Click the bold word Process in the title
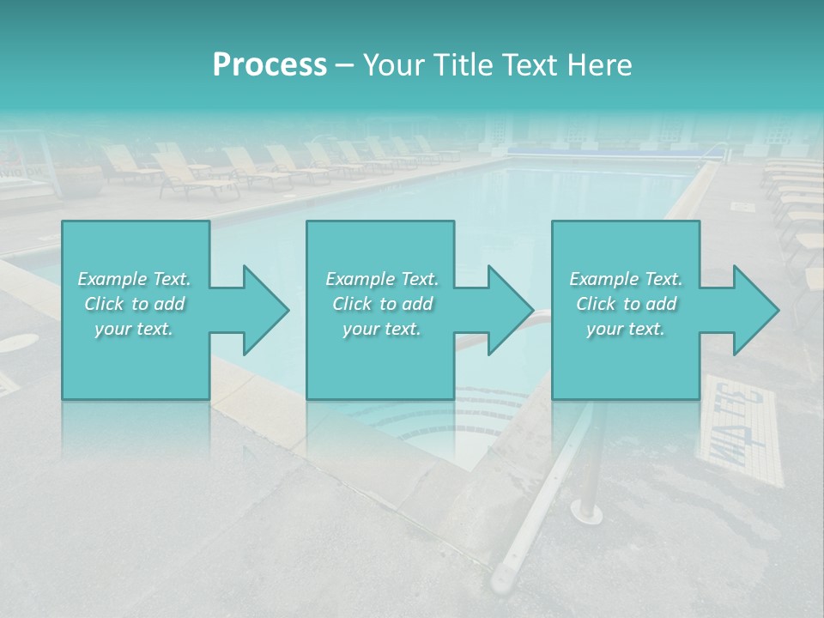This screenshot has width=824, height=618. pyautogui.click(x=270, y=64)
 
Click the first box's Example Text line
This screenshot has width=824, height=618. pyautogui.click(x=135, y=279)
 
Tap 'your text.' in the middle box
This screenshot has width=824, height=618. pyautogui.click(x=381, y=330)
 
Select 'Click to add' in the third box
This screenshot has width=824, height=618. pyautogui.click(x=626, y=304)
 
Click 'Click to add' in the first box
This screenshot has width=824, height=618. pyautogui.click(x=135, y=304)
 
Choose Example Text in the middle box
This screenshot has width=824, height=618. pyautogui.click(x=381, y=279)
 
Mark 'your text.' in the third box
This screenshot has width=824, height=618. pyautogui.click(x=626, y=330)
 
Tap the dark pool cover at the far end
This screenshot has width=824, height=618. pyautogui.click(x=601, y=149)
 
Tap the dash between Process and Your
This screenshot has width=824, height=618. pyautogui.click(x=345, y=65)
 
